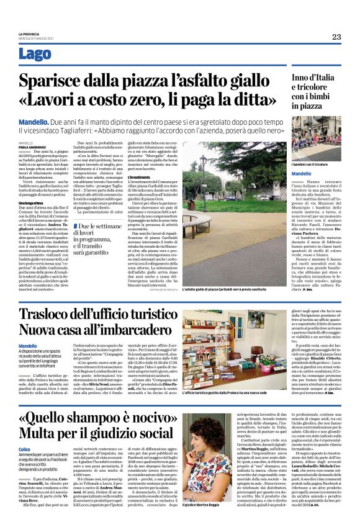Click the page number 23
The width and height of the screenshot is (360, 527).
(336, 37)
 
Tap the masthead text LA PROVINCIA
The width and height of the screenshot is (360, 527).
(47, 33)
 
